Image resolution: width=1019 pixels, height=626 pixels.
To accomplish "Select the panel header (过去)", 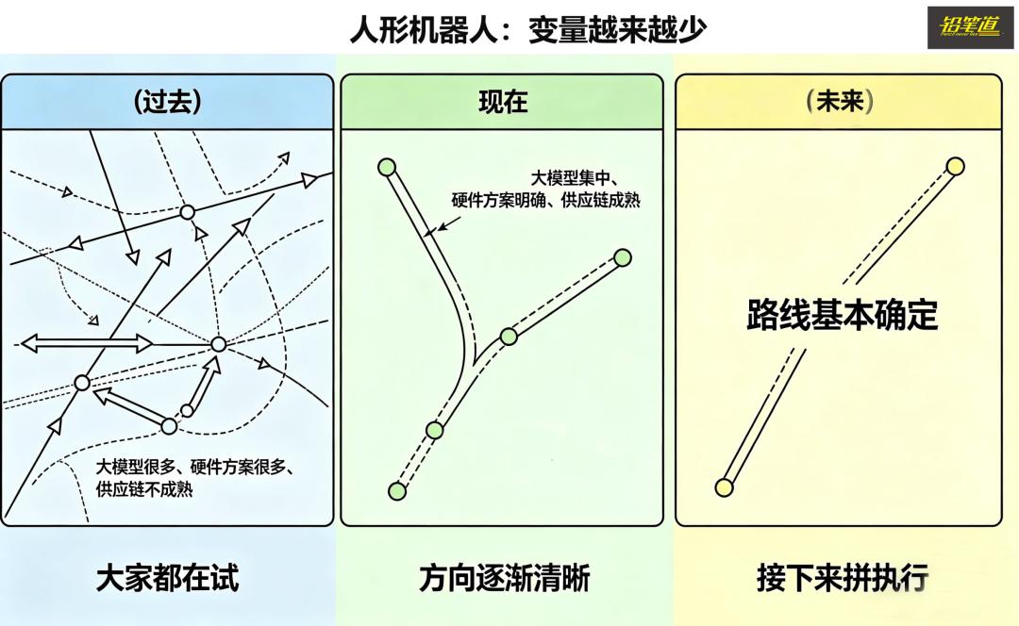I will click(x=168, y=102).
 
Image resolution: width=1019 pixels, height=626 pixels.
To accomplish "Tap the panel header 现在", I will click(x=503, y=102).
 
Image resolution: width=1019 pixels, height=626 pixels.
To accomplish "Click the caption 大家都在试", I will click(x=168, y=577).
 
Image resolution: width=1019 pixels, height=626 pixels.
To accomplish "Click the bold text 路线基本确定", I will click(x=843, y=316).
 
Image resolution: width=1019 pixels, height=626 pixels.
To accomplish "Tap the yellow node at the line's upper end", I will click(x=955, y=167).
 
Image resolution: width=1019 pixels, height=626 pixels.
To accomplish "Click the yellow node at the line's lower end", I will click(x=724, y=487).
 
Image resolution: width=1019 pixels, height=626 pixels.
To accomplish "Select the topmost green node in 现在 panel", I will click(x=386, y=167).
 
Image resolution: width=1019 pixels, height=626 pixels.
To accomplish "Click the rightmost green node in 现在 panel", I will click(x=622, y=257).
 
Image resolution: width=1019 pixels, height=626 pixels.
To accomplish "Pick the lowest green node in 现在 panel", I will click(x=397, y=491).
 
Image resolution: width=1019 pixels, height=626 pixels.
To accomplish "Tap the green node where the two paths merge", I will click(x=509, y=336).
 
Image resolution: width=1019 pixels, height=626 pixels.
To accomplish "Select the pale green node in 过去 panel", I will click(x=169, y=426).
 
